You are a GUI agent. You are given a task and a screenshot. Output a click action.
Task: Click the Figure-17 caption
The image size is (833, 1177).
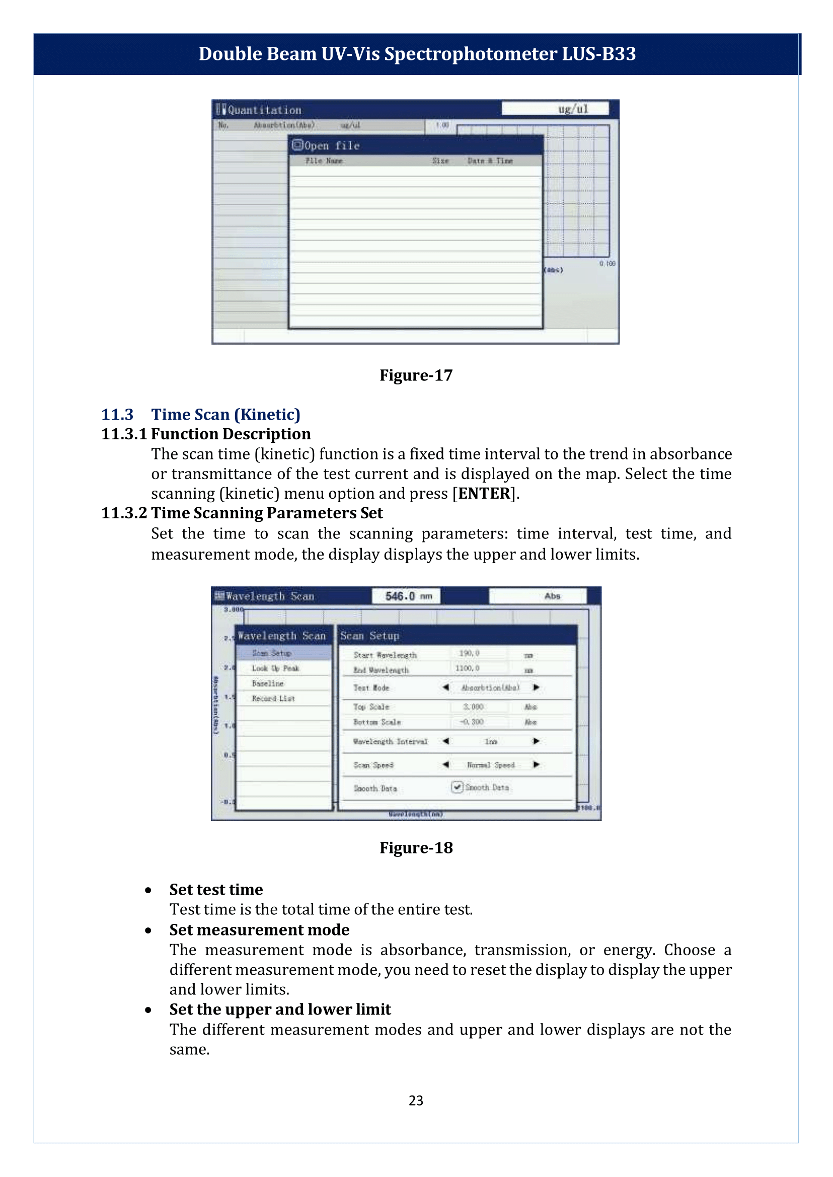pyautogui.click(x=416, y=375)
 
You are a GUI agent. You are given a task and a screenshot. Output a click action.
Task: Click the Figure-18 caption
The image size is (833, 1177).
pyautogui.click(x=416, y=848)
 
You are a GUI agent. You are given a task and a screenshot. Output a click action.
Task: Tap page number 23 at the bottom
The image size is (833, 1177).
pyautogui.click(x=416, y=1101)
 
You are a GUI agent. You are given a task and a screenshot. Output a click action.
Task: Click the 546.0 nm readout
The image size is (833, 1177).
pyautogui.click(x=406, y=596)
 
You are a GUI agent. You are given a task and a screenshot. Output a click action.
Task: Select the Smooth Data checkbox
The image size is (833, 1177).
pyautogui.click(x=457, y=787)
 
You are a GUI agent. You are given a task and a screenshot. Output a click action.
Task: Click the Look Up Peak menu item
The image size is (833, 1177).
pyautogui.click(x=275, y=668)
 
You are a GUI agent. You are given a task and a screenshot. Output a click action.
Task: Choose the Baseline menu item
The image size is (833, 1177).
pyautogui.click(x=268, y=684)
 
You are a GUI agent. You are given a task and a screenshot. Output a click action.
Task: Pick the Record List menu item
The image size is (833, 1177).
pyautogui.click(x=273, y=698)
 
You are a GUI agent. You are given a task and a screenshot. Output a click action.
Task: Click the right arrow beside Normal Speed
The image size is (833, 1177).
pyautogui.click(x=536, y=765)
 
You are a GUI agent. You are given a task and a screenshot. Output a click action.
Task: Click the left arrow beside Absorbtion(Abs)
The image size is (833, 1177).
pyautogui.click(x=446, y=687)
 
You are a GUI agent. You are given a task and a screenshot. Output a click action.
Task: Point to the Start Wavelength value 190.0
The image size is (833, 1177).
pyautogui.click(x=469, y=653)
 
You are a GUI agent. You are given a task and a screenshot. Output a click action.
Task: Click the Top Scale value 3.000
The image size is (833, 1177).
pyautogui.click(x=473, y=707)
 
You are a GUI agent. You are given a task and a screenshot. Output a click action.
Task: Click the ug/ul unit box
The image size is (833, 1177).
pyautogui.click(x=556, y=109)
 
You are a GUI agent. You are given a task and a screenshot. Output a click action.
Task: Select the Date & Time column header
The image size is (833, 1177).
pyautogui.click(x=490, y=161)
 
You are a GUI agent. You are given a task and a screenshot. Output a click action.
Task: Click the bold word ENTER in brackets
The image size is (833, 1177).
pyautogui.click(x=484, y=493)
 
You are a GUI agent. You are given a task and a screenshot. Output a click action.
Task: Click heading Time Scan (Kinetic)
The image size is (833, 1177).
pyautogui.click(x=225, y=414)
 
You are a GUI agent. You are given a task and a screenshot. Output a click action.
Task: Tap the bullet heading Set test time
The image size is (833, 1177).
pyautogui.click(x=216, y=889)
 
